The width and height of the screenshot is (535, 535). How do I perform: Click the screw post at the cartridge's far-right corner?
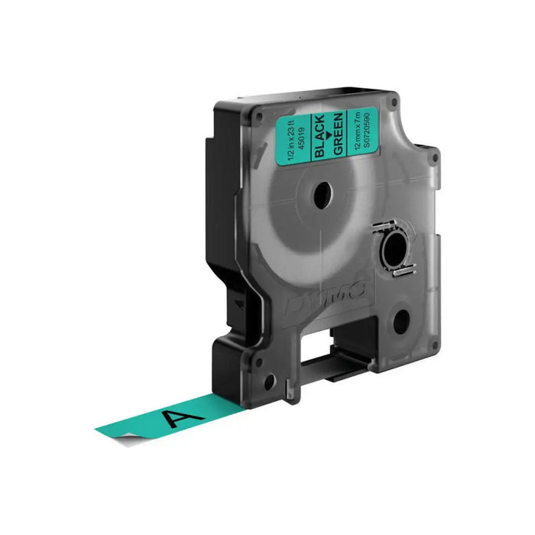click(436, 158)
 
